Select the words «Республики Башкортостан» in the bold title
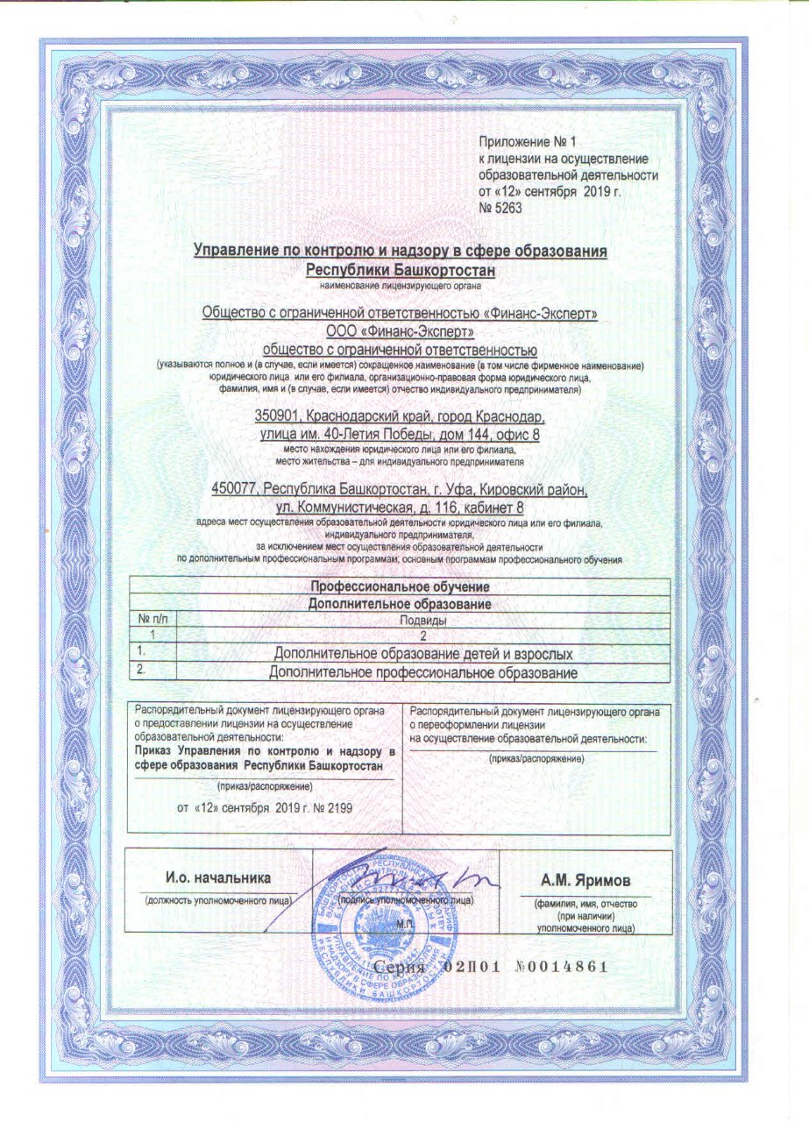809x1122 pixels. pyautogui.click(x=401, y=269)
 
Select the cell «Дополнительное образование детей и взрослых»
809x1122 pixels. pyautogui.click(x=423, y=654)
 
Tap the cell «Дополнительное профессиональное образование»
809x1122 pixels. pyautogui.click(x=423, y=672)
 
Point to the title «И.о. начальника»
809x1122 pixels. pyautogui.click(x=219, y=877)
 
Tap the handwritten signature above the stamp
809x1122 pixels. pyautogui.click(x=412, y=878)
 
